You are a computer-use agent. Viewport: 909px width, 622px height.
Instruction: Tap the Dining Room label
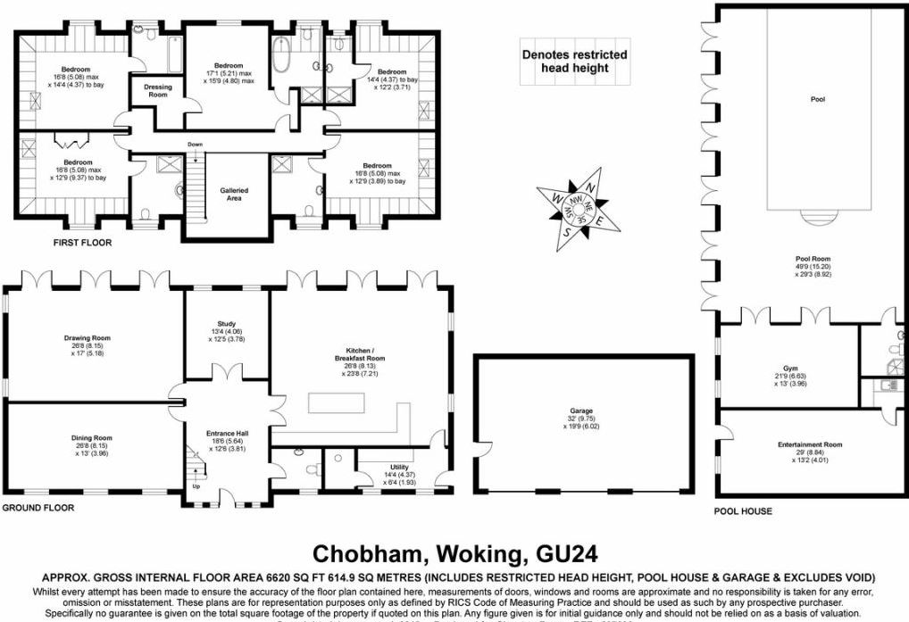click(92, 438)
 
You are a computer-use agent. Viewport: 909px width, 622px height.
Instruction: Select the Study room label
click(226, 325)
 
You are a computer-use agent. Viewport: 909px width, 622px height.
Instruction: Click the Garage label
click(582, 411)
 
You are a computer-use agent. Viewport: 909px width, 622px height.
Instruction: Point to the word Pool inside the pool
click(816, 100)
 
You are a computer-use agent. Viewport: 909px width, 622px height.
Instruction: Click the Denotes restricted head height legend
click(574, 61)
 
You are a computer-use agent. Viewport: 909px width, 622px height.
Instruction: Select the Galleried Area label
click(234, 195)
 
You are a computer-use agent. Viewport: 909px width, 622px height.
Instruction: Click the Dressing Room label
click(157, 91)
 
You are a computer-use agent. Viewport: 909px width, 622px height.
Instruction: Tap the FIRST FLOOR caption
click(81, 243)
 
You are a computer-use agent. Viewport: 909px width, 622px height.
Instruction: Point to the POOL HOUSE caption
click(742, 511)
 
